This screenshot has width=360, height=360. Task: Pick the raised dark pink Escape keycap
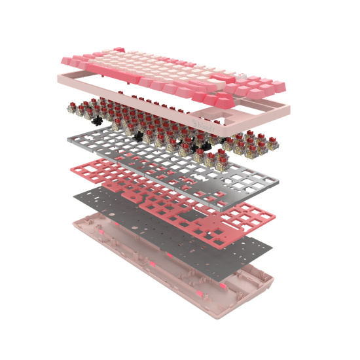[x=118, y=50]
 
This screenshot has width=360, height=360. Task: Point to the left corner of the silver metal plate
[x=67, y=138]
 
